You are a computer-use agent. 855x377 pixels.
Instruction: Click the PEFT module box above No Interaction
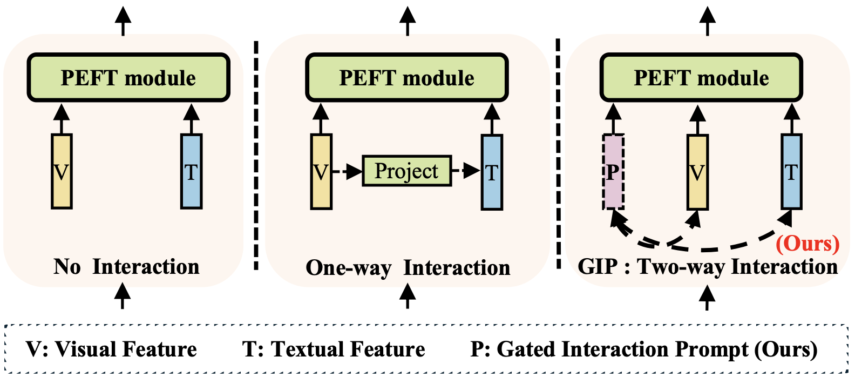tap(128, 78)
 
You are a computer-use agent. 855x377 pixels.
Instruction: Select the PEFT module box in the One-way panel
tap(407, 78)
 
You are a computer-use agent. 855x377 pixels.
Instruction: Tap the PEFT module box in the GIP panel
tap(701, 78)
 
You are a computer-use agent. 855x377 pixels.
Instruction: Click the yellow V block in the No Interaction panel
tap(62, 172)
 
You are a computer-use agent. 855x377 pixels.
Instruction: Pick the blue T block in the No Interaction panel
tap(191, 172)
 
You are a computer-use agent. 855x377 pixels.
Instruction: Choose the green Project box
tap(406, 171)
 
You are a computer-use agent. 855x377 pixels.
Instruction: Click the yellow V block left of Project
tap(321, 172)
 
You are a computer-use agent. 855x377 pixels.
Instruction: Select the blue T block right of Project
tap(492, 172)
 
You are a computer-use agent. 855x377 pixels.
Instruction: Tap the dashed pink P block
tap(613, 172)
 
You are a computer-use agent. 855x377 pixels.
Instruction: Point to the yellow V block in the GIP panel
tap(697, 172)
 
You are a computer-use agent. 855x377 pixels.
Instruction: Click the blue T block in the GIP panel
tap(791, 172)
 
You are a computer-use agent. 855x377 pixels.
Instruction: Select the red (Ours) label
tap(807, 244)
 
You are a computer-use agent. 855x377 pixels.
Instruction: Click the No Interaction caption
tap(127, 267)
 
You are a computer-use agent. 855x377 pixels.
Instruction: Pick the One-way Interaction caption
tap(408, 268)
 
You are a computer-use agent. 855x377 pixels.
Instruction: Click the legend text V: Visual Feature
tap(111, 349)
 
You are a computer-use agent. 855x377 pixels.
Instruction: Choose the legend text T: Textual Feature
tap(334, 349)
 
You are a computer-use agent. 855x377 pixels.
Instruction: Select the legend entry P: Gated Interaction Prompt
tap(643, 349)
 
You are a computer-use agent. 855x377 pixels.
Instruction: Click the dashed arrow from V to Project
tap(347, 172)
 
